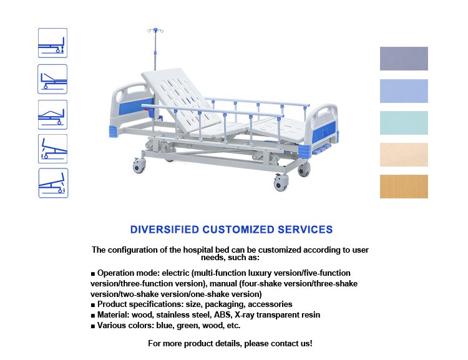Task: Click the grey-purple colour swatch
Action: (x=404, y=59)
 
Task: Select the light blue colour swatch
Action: (x=404, y=91)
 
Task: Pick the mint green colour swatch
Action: (x=404, y=123)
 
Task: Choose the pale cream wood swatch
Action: (x=404, y=155)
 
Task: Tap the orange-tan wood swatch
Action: (x=404, y=187)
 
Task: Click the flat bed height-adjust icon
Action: (x=52, y=43)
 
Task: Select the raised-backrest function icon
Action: (x=52, y=79)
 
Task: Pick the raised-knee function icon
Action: (x=52, y=115)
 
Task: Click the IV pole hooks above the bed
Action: (x=155, y=31)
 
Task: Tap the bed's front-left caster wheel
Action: (x=139, y=165)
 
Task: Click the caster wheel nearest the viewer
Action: (x=281, y=183)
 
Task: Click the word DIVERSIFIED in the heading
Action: (x=165, y=230)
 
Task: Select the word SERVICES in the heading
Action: (x=305, y=230)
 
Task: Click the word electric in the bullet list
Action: (x=175, y=273)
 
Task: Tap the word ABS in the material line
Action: (x=222, y=315)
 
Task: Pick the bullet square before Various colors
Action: (x=93, y=326)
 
